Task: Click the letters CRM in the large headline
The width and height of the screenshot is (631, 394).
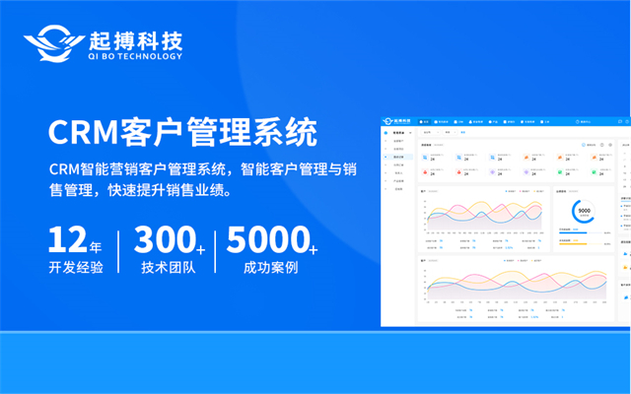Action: (80, 131)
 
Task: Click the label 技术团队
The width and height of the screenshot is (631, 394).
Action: (169, 268)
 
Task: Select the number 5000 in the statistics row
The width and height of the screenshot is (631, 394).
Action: (266, 241)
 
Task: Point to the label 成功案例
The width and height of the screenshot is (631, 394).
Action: (270, 268)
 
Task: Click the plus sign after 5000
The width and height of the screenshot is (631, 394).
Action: (313, 247)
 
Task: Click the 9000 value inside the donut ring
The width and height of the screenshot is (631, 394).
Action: (584, 211)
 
